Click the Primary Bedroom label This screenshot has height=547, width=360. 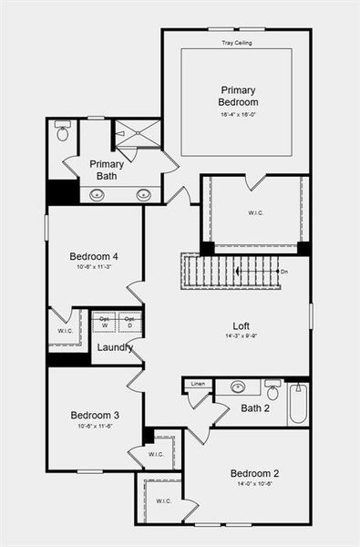tap(238, 96)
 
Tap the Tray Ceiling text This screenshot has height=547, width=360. tap(237, 43)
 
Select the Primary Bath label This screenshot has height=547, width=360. tap(107, 170)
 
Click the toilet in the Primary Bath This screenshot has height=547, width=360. tap(62, 132)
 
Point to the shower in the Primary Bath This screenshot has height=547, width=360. tap(138, 133)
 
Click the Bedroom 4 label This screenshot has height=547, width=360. tap(94, 256)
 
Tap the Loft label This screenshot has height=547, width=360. tap(241, 325)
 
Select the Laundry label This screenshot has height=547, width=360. tap(115, 347)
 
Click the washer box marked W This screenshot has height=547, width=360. tap(104, 323)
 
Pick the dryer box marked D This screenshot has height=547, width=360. tap(129, 323)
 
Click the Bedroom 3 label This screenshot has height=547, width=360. tap(95, 416)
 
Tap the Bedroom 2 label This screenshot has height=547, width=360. tap(254, 473)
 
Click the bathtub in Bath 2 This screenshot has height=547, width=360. tap(298, 403)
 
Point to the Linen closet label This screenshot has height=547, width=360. tap(197, 384)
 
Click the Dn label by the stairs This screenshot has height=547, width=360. tap(284, 272)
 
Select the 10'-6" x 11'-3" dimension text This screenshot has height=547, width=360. tap(94, 268)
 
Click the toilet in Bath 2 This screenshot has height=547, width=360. tap(273, 392)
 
